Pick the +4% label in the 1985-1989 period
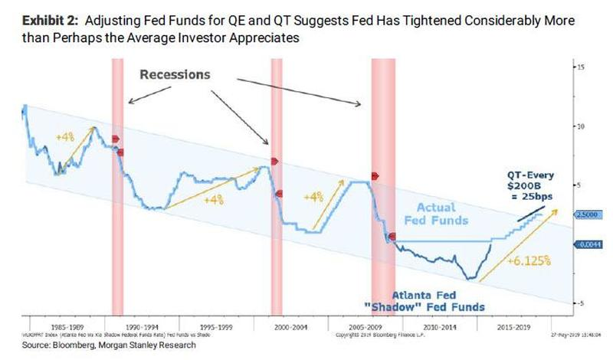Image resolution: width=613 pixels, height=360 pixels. [66, 136]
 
